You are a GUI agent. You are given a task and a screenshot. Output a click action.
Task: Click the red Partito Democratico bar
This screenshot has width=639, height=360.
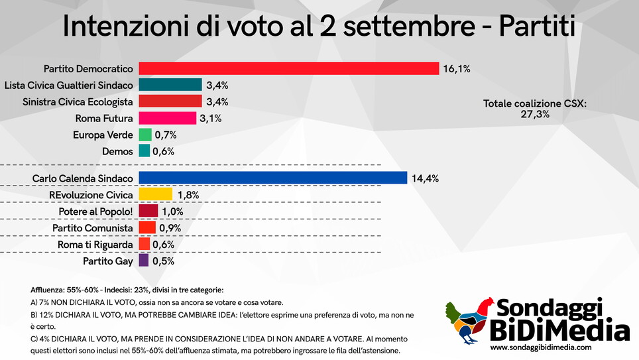[x=288, y=68]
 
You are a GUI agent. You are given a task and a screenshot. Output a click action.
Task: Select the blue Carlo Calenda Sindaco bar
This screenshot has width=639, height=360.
[x=272, y=178]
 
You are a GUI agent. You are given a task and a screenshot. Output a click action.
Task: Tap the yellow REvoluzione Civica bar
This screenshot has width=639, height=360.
[x=155, y=195]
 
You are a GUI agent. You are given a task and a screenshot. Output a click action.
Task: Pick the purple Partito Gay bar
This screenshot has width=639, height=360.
[x=144, y=261]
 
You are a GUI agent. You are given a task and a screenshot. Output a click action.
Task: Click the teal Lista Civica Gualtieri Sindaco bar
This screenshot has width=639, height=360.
[x=170, y=85]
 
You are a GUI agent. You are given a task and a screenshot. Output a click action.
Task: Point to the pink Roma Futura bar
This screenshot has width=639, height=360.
[x=167, y=118]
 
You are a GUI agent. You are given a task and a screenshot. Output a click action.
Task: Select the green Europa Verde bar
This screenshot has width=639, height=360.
[x=145, y=135]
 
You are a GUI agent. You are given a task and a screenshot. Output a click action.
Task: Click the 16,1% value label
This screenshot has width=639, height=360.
[x=457, y=68]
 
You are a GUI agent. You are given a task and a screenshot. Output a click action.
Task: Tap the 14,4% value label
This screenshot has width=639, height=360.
[x=425, y=178]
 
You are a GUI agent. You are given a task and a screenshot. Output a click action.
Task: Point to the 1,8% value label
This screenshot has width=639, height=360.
[x=188, y=195]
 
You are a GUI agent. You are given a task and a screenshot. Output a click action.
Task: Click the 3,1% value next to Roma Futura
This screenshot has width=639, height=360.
[x=210, y=119]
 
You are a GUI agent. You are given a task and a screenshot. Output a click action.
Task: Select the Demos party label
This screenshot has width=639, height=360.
[x=117, y=151]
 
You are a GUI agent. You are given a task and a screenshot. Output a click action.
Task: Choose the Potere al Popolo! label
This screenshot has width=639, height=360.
[x=96, y=211]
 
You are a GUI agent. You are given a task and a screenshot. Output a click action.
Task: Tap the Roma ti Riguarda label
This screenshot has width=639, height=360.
[x=98, y=245]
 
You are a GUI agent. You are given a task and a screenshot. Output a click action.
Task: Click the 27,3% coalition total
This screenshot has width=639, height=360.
[x=534, y=115]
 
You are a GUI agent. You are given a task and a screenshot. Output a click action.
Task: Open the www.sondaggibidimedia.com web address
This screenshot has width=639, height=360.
[x=540, y=347]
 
